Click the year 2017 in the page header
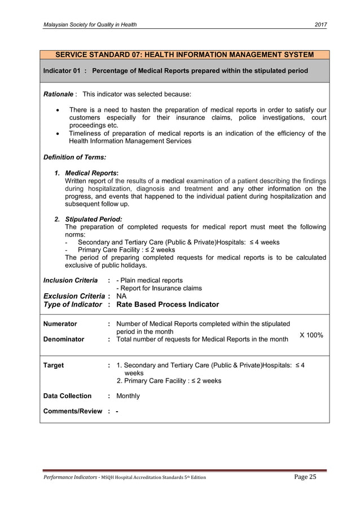click(x=320, y=25)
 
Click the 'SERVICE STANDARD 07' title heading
click(x=183, y=55)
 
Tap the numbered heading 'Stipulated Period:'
click(x=94, y=219)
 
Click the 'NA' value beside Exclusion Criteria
click(x=121, y=296)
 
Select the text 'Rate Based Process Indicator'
click(x=167, y=304)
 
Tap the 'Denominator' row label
click(x=64, y=339)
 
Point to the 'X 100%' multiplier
click(x=311, y=335)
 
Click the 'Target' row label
click(x=54, y=365)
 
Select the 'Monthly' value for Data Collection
click(x=128, y=396)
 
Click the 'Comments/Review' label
click(x=73, y=411)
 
